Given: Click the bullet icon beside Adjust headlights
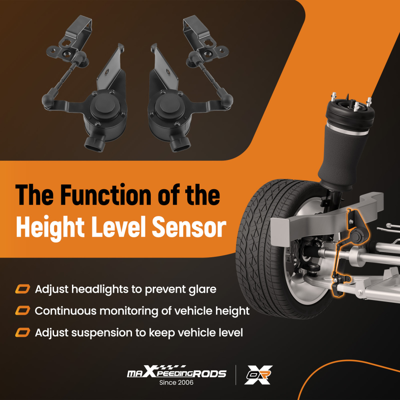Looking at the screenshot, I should tap(22, 289).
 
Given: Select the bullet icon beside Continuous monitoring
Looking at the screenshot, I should tap(22, 311).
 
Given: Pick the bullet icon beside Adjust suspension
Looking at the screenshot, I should tap(22, 332).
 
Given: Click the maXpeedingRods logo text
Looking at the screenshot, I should tap(176, 373).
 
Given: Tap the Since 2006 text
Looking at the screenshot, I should tap(176, 383).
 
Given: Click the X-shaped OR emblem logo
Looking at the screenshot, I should tap(258, 375).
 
